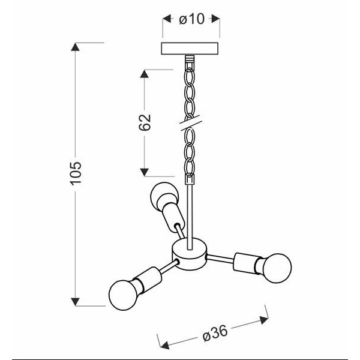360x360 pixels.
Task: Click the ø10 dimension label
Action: [x=191, y=19]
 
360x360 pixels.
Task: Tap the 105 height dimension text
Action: [x=76, y=173]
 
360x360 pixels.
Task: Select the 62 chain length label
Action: [x=145, y=122]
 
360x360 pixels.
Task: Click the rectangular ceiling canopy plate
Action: [x=190, y=49]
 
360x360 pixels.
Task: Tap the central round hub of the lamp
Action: [x=189, y=254]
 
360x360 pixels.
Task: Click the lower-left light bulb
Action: [x=123, y=295]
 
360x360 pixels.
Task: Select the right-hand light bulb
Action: [x=277, y=268]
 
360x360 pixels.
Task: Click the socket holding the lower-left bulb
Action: [x=149, y=280]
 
